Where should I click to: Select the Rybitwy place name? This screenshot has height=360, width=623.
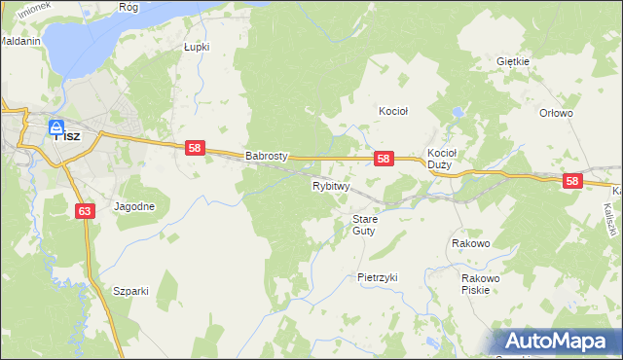click(331, 185)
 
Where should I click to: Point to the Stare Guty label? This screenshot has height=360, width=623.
click(364, 225)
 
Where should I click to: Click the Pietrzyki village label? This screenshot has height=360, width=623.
click(378, 277)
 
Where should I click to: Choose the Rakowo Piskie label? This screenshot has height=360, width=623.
click(481, 283)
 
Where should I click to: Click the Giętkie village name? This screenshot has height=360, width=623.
click(512, 61)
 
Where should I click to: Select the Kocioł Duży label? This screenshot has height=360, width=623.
click(442, 159)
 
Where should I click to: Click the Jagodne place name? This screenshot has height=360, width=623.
click(134, 206)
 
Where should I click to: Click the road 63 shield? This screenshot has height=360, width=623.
click(83, 209)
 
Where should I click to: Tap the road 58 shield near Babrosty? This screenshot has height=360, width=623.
click(196, 148)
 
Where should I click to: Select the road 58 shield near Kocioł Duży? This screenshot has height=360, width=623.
click(384, 158)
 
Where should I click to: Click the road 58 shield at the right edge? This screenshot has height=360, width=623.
click(571, 181)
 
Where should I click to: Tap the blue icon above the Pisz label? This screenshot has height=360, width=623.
click(57, 124)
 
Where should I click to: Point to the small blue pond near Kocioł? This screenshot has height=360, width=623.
click(457, 114)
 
